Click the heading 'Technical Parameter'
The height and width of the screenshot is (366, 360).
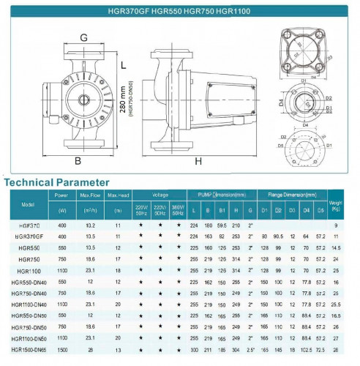(57, 182)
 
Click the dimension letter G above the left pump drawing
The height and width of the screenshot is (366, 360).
(84, 37)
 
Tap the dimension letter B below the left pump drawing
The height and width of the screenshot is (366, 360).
(76, 160)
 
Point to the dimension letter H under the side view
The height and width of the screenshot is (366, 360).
(198, 160)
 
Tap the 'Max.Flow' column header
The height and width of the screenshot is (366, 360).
(91, 195)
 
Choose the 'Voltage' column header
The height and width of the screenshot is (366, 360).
(160, 195)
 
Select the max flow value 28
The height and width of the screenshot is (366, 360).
(91, 350)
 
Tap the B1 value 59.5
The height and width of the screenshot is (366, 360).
(222, 226)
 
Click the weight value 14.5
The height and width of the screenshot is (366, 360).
(336, 248)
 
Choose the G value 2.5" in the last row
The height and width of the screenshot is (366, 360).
(251, 350)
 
